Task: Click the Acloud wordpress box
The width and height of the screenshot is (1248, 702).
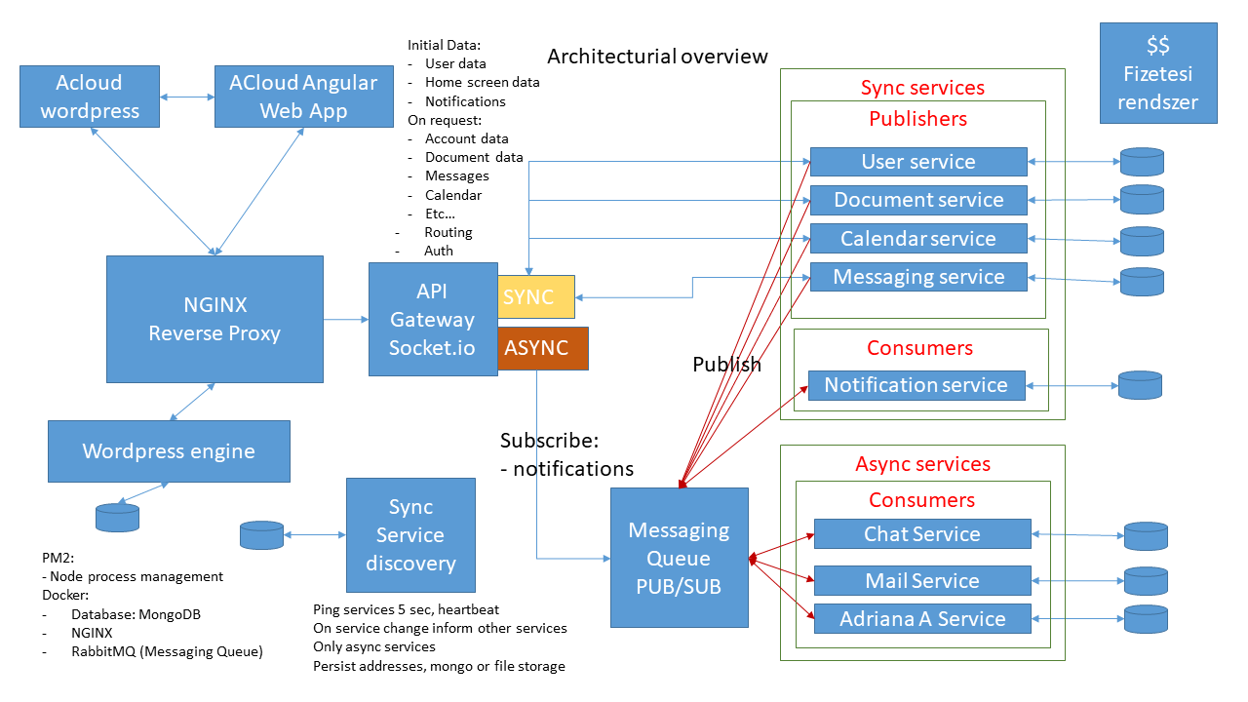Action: point(90,97)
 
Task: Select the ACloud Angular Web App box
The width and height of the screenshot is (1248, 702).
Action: point(302,97)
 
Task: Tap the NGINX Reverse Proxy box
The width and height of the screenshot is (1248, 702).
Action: point(214,319)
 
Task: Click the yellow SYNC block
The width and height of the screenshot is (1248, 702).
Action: point(536,297)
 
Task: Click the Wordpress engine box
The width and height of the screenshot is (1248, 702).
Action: point(169,451)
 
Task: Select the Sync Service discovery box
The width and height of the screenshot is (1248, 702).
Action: point(410,535)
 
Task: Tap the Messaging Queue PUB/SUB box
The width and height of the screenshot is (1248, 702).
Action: point(679,558)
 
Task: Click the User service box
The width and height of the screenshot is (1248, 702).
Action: point(918,162)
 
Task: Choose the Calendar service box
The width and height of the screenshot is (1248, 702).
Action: point(918,239)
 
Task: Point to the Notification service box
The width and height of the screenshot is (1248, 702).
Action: point(916,385)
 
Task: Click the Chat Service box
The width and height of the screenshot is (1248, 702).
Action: point(921,534)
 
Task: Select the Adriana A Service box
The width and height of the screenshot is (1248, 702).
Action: point(921,619)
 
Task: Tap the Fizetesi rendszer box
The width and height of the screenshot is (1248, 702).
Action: point(1158,73)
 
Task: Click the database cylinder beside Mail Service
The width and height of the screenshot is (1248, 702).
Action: point(1145,582)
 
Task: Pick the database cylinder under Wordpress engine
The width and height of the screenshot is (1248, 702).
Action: point(117,517)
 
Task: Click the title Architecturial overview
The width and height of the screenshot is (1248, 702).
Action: point(657,56)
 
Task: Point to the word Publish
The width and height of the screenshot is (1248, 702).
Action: point(726,365)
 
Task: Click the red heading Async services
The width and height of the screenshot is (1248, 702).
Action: point(922,464)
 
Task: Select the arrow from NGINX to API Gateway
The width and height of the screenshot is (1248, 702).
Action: point(345,319)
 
